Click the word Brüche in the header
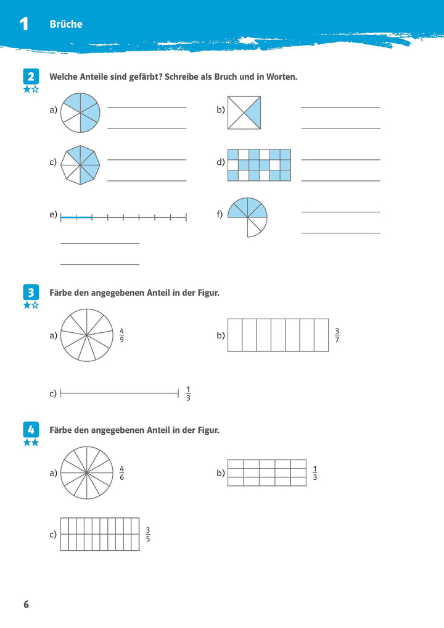point(65,24)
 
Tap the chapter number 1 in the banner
point(24,24)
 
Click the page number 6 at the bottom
point(26,604)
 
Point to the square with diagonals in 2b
point(244,112)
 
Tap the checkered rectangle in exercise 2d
point(259,165)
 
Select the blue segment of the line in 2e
point(76,217)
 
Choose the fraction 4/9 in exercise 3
point(121,336)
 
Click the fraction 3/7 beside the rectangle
point(337,336)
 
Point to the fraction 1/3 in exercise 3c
point(188,393)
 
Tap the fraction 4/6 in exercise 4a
point(121,474)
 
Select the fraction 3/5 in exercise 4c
point(147,535)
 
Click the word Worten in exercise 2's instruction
point(280,77)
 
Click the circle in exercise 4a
point(87,473)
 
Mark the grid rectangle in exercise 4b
point(267,473)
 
